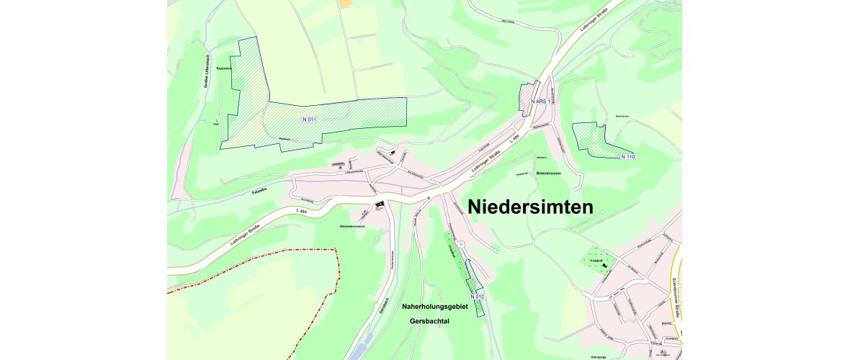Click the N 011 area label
310,118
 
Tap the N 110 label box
627,156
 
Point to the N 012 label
477,297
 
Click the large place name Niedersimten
531,207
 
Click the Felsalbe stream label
260,192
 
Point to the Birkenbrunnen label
549,174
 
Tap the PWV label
215,124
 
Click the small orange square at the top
346,3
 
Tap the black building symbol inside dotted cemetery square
605,267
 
